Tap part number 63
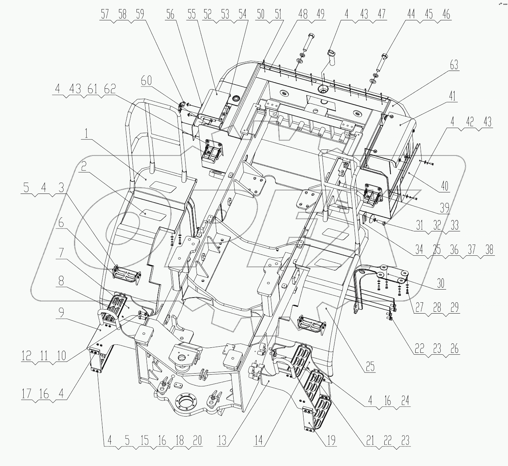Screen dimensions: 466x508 pyautogui.click(x=454, y=66)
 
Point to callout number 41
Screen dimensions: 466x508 pyautogui.click(x=452, y=96)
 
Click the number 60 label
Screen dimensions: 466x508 pyautogui.click(x=146, y=81)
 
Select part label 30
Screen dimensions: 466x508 pyautogui.click(x=440, y=283)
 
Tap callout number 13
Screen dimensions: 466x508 pyautogui.click(x=222, y=441)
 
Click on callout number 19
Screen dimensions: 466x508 pyautogui.click(x=332, y=441)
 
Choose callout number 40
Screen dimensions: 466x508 pyautogui.click(x=444, y=186)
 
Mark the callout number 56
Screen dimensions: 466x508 pyautogui.click(x=170, y=15)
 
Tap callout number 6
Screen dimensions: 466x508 pyautogui.click(x=61, y=223)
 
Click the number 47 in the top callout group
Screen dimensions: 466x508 pyautogui.click(x=381, y=15)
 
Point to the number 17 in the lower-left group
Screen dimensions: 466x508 pyautogui.click(x=26, y=394)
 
